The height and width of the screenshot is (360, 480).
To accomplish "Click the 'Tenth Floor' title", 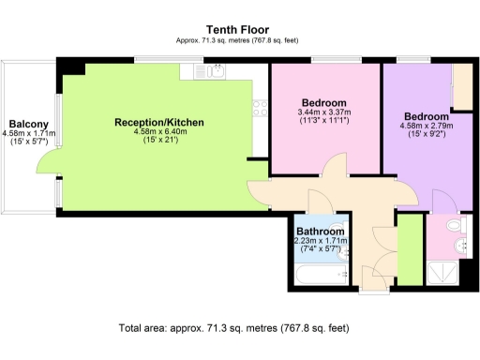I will tap(240, 29).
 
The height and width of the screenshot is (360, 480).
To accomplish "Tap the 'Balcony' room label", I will tap(29, 124).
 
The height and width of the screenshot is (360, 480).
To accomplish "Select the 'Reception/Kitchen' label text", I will tap(158, 123).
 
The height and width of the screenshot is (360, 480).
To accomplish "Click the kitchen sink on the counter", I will tap(215, 71).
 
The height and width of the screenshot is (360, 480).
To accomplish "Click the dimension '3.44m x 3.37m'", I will tap(323, 111).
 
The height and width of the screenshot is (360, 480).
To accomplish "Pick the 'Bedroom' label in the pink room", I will tap(324, 101).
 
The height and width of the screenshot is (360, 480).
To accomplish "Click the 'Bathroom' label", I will tap(320, 231).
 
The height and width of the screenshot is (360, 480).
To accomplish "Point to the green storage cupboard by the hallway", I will tap(408, 245).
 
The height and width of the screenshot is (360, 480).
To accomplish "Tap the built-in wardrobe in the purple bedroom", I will tap(461, 89).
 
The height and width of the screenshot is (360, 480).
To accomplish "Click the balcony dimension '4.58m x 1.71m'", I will tap(29, 134).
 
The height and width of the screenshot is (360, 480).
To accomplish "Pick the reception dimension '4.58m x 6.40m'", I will tap(158, 132).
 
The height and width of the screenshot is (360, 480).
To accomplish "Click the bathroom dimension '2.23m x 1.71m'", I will tap(321, 241).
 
